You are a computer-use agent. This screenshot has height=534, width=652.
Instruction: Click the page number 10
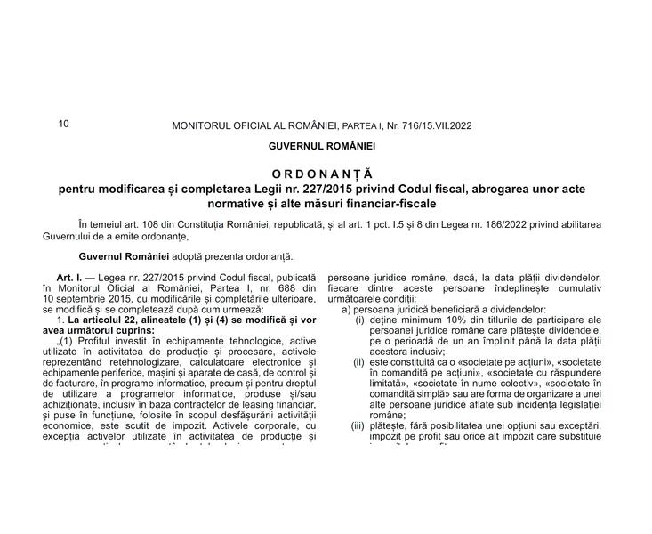63,124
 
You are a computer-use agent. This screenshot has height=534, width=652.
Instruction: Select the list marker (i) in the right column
360,320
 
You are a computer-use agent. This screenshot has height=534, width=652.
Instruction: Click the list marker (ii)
359,363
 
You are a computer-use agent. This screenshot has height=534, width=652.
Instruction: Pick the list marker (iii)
358,427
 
